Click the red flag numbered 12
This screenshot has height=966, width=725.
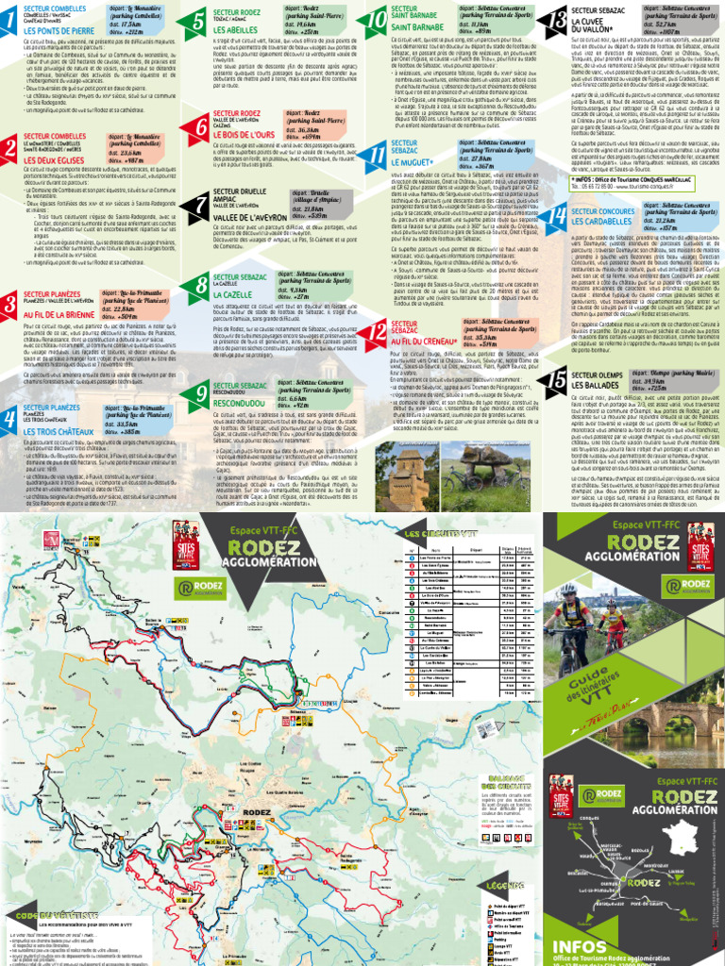(375, 332)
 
